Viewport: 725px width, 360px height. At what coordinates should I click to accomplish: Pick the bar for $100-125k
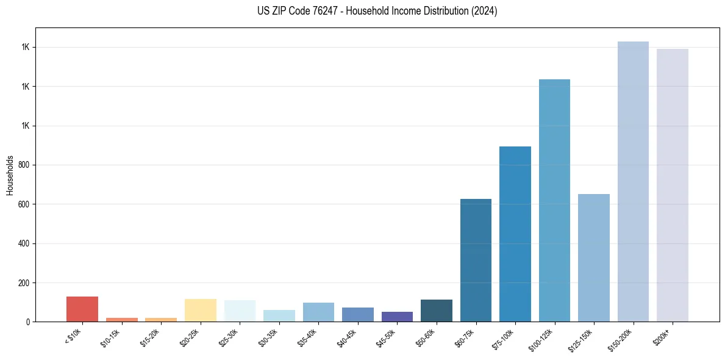[x=554, y=201]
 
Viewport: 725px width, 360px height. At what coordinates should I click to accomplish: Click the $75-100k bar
[x=515, y=234]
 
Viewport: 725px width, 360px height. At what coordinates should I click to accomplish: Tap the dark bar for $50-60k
[x=436, y=311]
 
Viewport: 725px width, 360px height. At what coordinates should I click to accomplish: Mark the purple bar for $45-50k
[x=397, y=317]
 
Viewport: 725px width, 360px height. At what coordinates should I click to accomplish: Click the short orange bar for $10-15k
[x=121, y=319]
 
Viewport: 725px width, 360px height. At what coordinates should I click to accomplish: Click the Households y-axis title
[x=10, y=175]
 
